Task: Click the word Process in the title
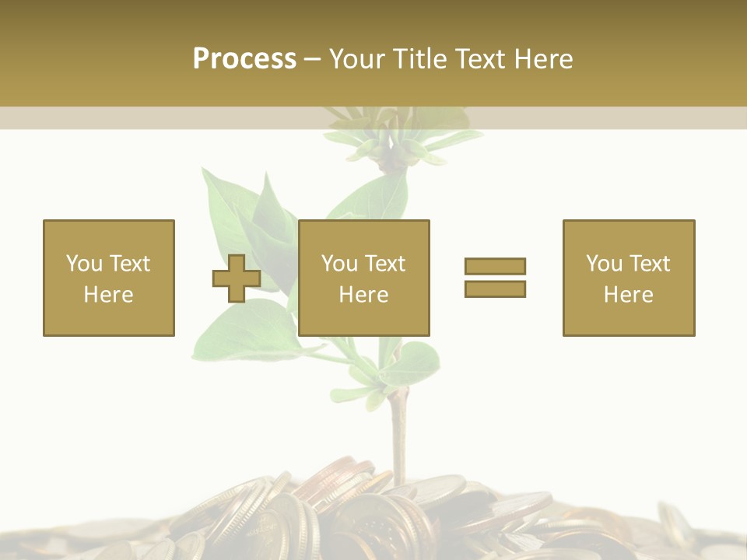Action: coord(244,58)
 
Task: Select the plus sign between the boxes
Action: coord(237,278)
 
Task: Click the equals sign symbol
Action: coord(495,278)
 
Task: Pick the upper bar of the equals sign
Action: coord(495,267)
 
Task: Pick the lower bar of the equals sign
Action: coord(495,289)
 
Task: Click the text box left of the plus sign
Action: coord(109,278)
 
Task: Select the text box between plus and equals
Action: coord(364,278)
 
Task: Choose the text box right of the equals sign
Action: coord(629,278)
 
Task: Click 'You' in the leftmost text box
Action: coord(83,264)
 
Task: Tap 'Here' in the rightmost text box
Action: coord(629,295)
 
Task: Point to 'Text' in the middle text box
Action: coord(384,264)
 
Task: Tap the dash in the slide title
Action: coord(312,59)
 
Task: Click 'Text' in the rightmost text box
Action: coord(649,264)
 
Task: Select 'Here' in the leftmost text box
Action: coord(109,295)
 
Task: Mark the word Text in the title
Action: coord(478,59)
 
